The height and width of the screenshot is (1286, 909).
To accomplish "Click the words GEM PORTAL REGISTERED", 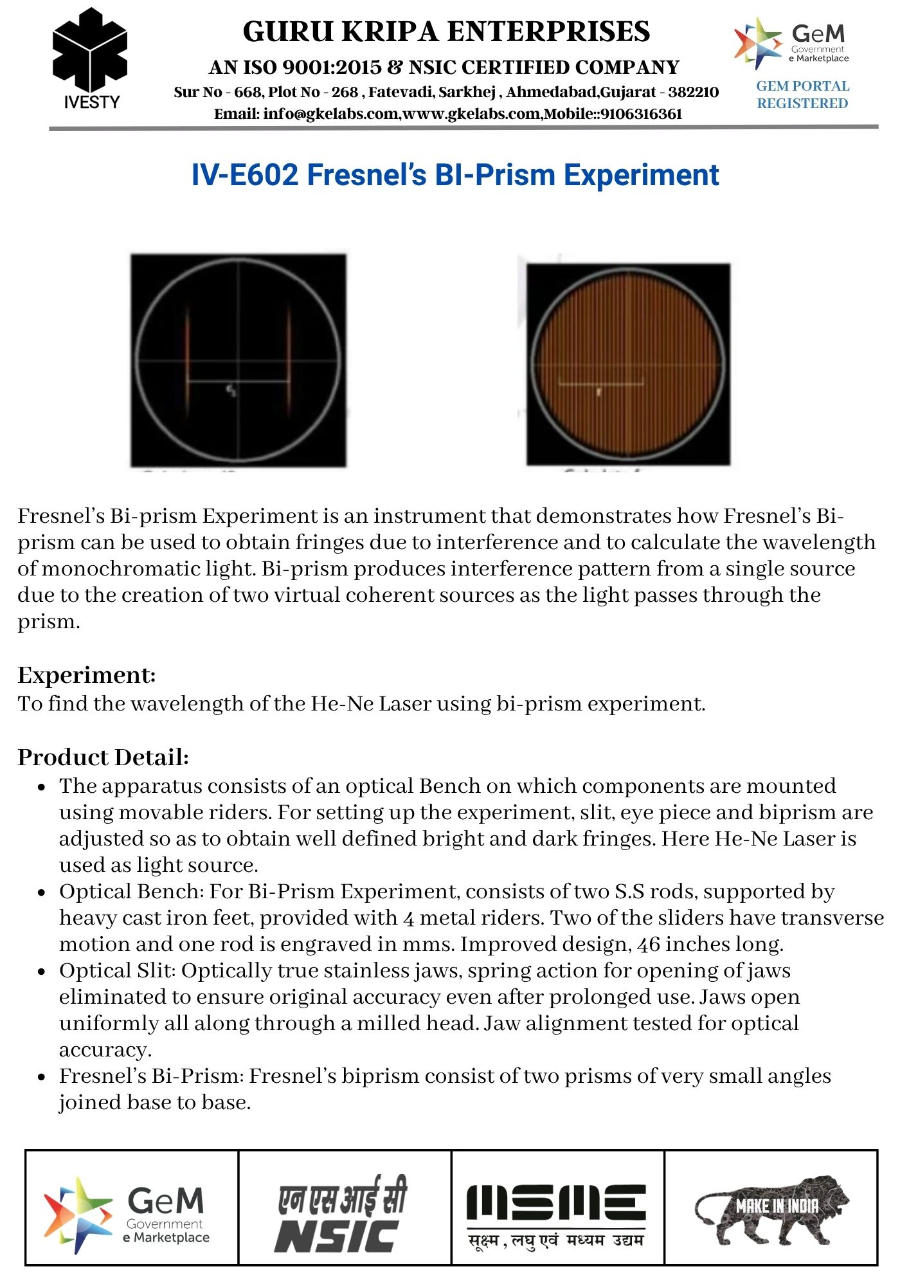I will [x=802, y=95].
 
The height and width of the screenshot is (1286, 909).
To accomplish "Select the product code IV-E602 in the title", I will [x=244, y=175].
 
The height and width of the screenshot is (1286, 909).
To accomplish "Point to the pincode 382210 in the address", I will [x=693, y=92].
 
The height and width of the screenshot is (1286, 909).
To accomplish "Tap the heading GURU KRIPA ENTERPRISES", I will [x=446, y=32].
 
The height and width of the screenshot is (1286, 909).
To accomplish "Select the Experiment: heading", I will [x=87, y=675].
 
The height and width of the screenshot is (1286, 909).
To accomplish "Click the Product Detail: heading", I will [x=103, y=757].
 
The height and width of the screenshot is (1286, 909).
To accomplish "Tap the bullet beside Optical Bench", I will [x=42, y=892].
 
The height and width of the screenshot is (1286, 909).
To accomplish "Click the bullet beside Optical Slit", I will [x=42, y=972].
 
